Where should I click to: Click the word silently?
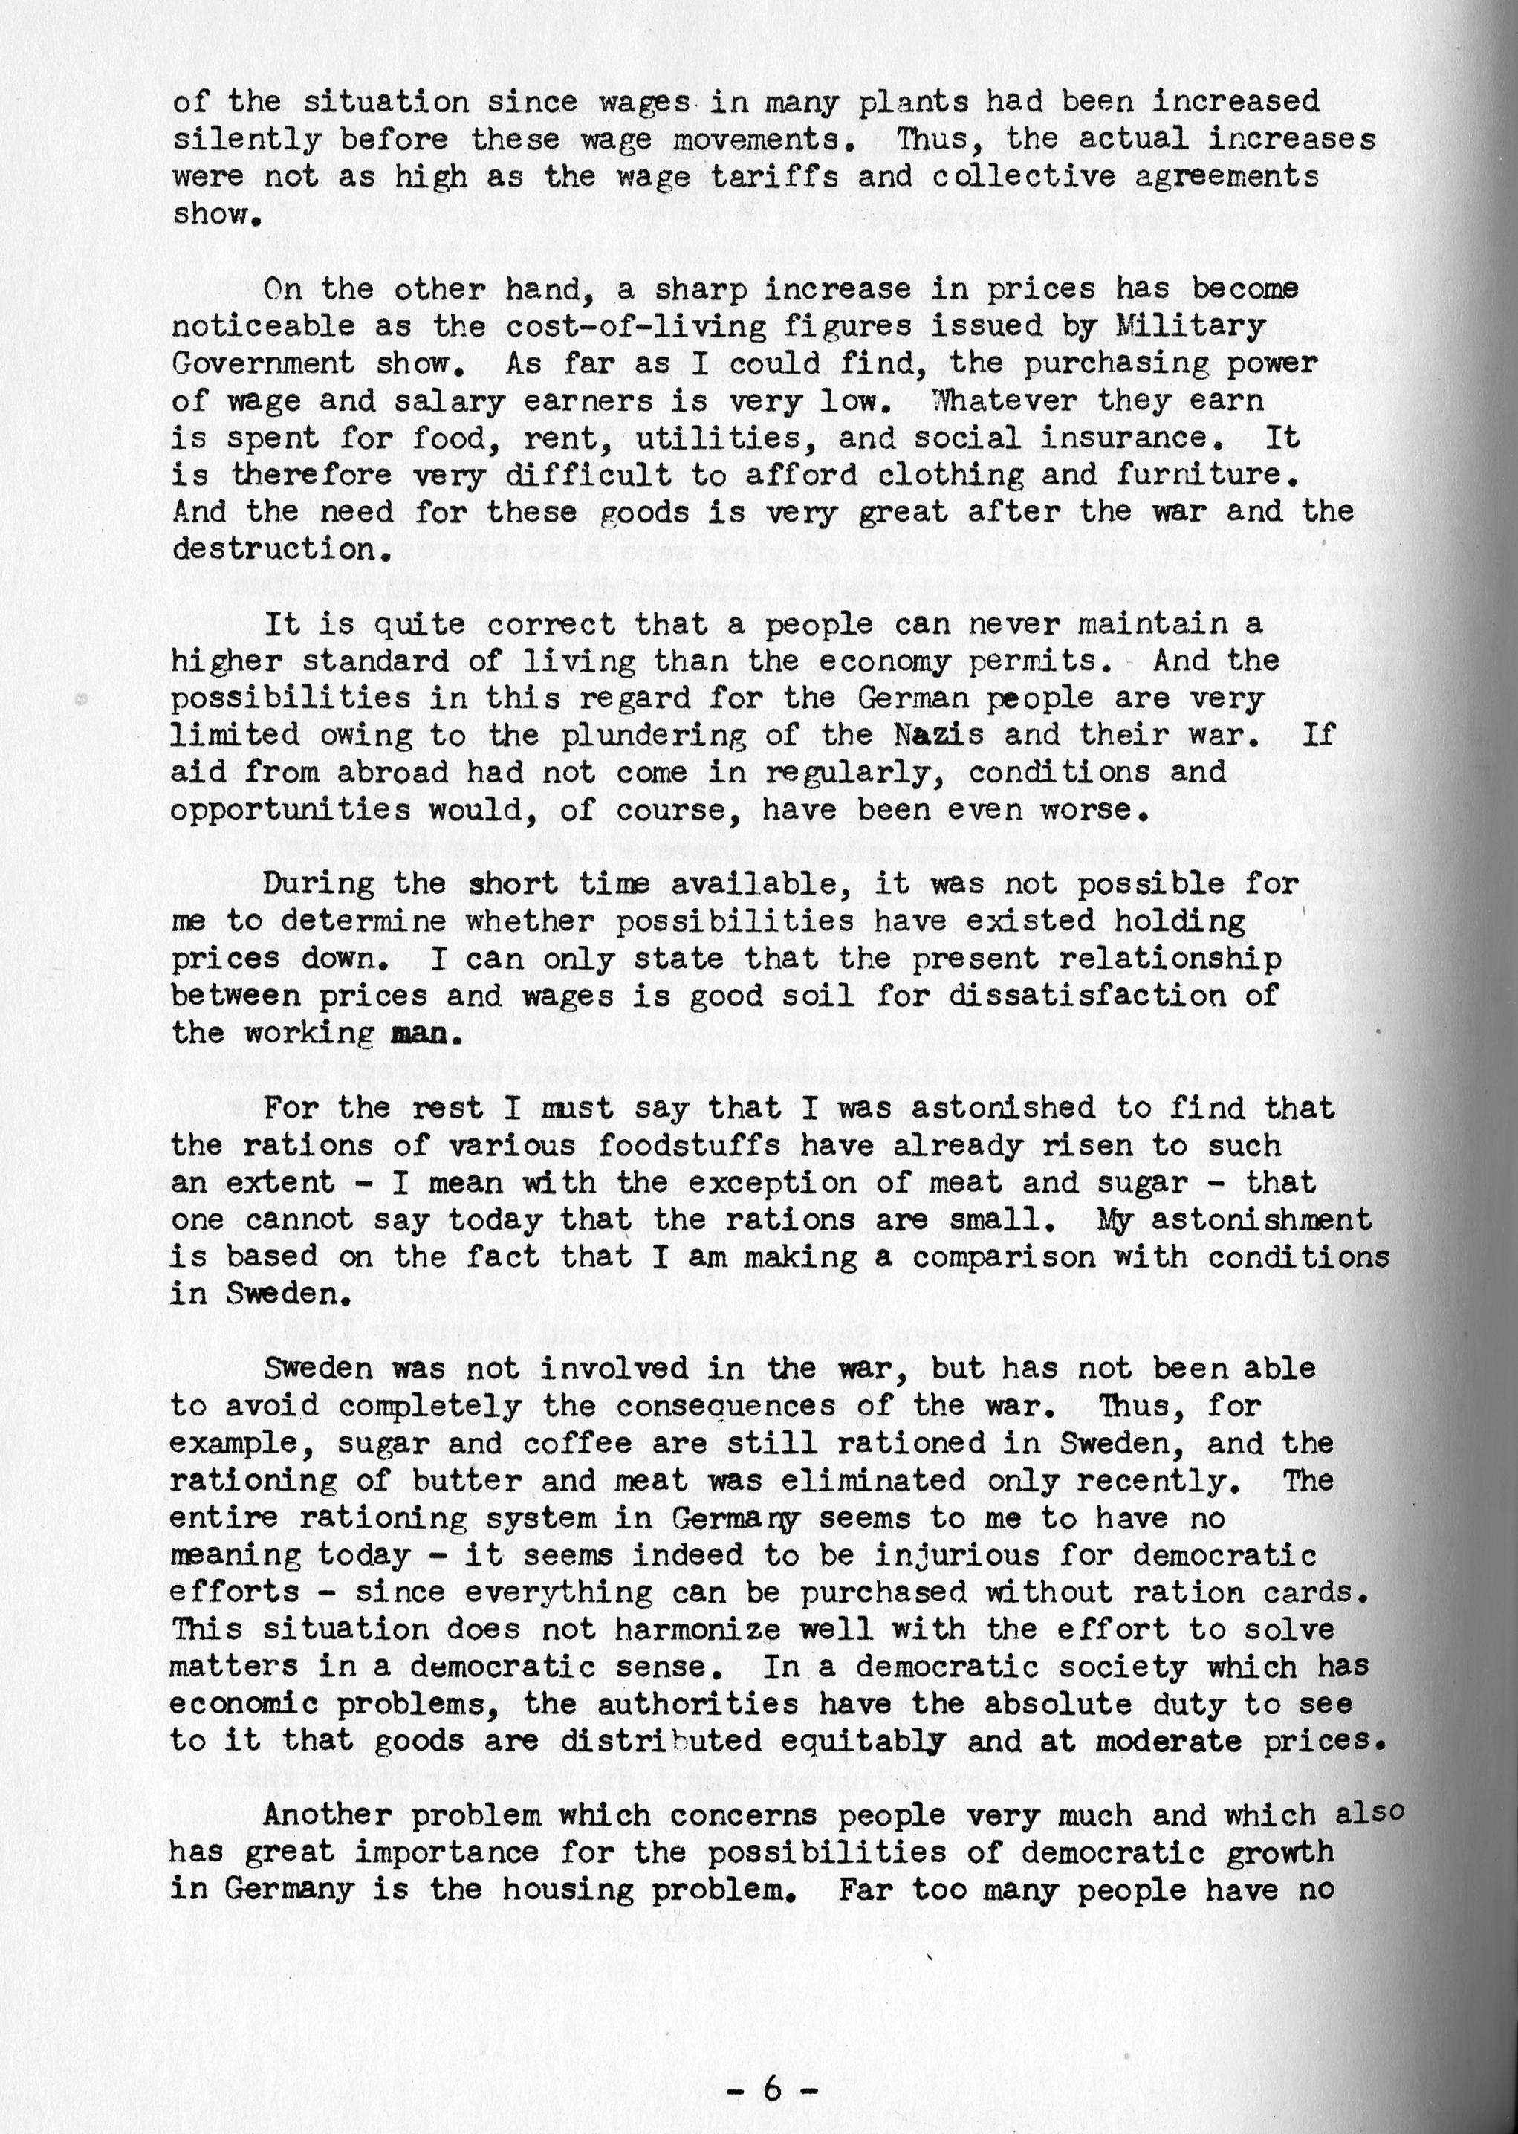246,139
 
